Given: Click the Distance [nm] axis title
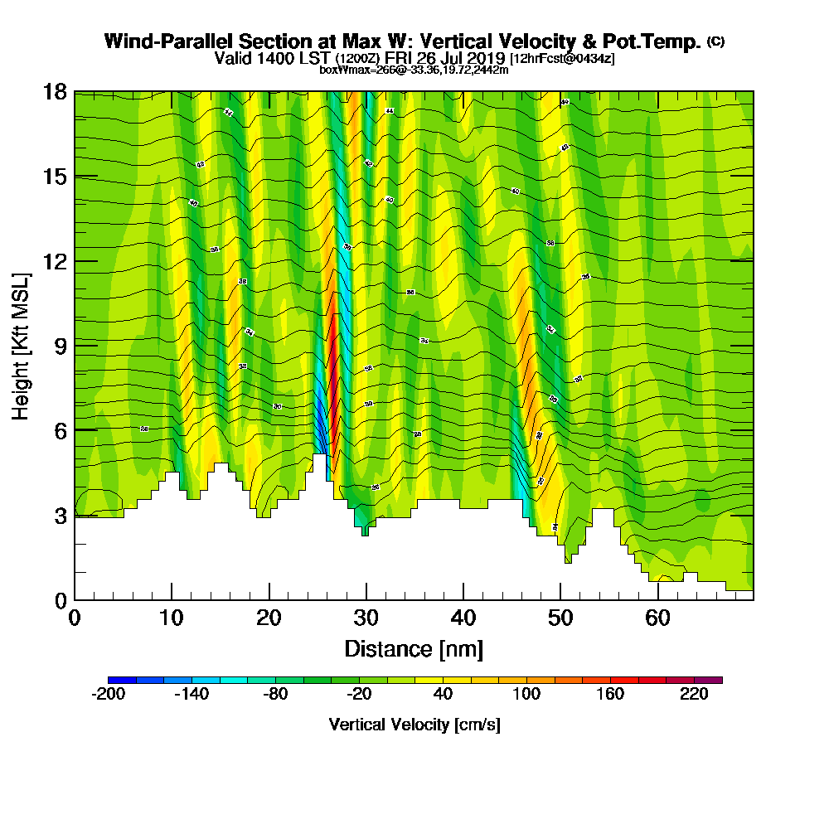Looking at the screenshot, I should (x=414, y=648).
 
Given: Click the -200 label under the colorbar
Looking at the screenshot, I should (x=108, y=695).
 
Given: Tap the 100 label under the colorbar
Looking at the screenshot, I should (x=526, y=695).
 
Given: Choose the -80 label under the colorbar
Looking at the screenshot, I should (x=275, y=695).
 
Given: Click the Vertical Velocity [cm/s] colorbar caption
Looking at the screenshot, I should (x=414, y=725).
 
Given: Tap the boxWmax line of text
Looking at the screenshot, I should (x=414, y=70).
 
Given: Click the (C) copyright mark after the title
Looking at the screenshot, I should (x=716, y=41).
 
